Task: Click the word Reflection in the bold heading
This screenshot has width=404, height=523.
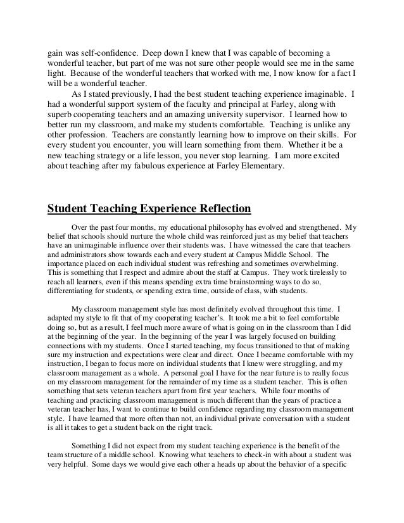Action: [x=211, y=208]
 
